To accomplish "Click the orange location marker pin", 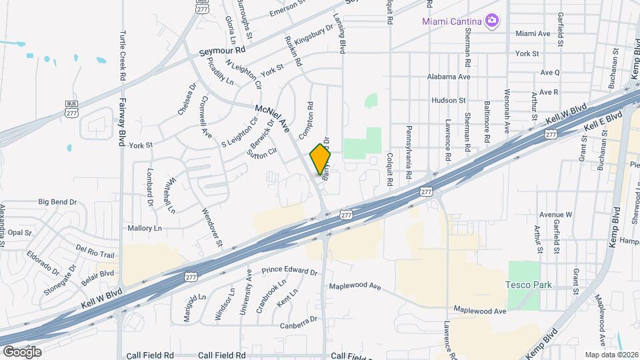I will (320, 159).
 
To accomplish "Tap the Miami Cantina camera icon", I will (492, 21).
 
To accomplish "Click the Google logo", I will (22, 351).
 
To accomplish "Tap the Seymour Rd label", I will (223, 51).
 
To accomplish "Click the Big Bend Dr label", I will (57, 201).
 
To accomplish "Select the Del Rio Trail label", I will (95, 251).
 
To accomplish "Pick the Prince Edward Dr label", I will (289, 271).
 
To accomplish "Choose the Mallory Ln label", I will (145, 228).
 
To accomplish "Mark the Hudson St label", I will (449, 100).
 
